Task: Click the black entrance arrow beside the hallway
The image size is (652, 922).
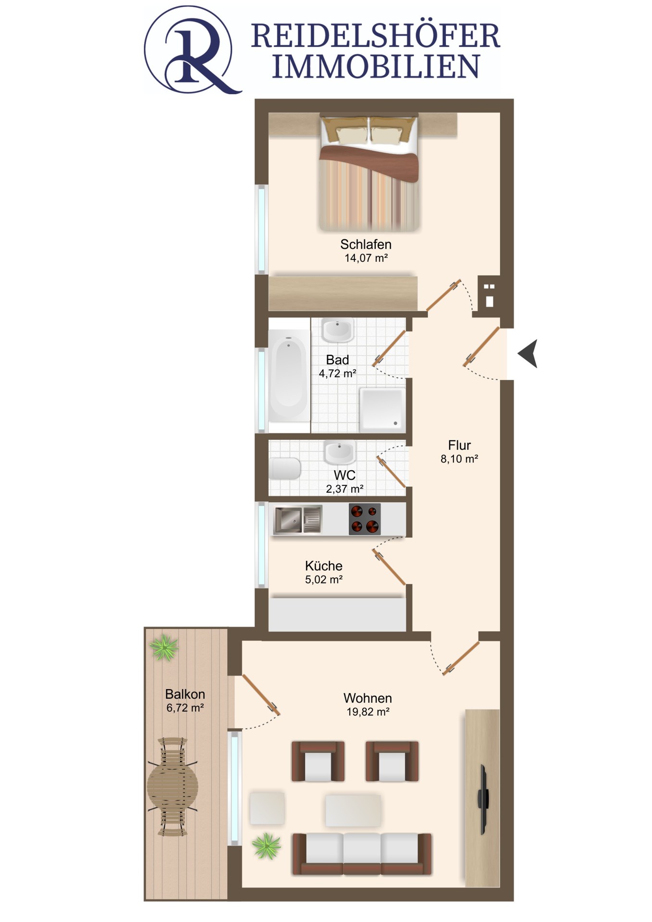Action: coord(528,354)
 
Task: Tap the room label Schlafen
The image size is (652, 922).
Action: coord(366,244)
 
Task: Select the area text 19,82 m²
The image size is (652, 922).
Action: coord(368,712)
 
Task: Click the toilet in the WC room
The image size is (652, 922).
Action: coord(285,468)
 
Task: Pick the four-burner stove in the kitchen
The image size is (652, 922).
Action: coord(365,519)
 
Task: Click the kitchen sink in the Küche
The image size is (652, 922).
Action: coord(297,520)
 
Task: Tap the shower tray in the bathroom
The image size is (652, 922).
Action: coord(382,409)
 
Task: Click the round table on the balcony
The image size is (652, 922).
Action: coord(172,787)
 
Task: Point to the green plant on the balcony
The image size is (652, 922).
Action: coord(164,648)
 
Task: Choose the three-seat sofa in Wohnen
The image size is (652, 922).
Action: coord(362,853)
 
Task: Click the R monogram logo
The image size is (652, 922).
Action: coord(192,50)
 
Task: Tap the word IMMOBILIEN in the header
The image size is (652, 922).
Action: coord(376,66)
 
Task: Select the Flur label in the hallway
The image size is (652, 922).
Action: coord(459,445)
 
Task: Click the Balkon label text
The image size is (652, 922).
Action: coord(185,694)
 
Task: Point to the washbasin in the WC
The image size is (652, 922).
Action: coord(339,451)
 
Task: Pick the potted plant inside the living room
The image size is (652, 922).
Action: coord(266,846)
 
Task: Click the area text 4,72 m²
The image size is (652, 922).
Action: coord(337,373)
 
